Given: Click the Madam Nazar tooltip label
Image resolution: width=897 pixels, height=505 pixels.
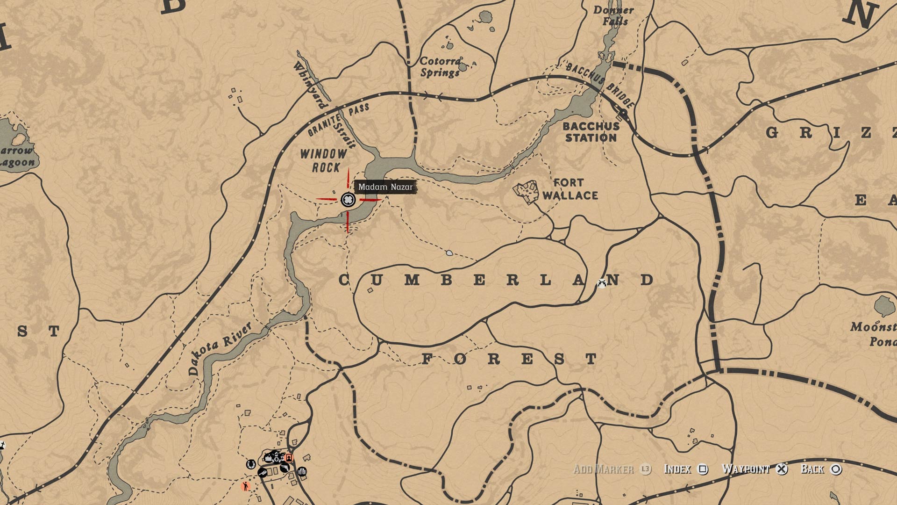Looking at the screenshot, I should (x=385, y=187).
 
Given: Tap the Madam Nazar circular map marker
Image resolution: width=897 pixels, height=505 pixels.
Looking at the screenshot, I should (x=348, y=200).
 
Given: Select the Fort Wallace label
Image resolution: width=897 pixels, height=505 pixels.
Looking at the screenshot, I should (x=570, y=189).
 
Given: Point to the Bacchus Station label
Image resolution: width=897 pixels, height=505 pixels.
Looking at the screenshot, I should (x=591, y=132).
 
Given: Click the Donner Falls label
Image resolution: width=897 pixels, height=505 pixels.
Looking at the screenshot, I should (x=613, y=15).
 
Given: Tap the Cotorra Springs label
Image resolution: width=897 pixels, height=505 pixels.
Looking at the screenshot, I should (x=440, y=66).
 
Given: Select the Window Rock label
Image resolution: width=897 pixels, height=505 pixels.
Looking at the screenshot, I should (x=324, y=160).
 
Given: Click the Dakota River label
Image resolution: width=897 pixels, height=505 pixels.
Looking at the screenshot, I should (x=220, y=348).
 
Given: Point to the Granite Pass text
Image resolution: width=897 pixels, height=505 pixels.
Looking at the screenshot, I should (x=337, y=120).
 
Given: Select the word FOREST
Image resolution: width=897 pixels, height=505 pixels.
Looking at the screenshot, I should (x=509, y=359).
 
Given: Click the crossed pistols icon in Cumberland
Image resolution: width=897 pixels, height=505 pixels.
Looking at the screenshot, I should (x=602, y=282).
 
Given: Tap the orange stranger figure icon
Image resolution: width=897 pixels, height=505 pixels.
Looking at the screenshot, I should (x=245, y=486).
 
